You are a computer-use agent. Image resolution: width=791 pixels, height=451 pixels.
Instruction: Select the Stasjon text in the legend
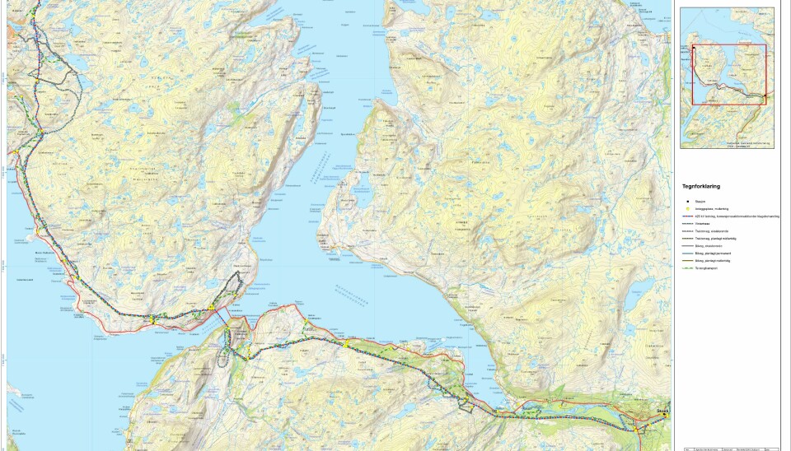700,201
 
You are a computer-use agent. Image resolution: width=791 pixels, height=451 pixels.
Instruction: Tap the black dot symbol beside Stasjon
687,201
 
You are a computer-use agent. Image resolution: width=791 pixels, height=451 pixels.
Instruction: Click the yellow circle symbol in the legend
687,208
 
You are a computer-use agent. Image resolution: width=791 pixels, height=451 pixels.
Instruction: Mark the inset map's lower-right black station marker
763,100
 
